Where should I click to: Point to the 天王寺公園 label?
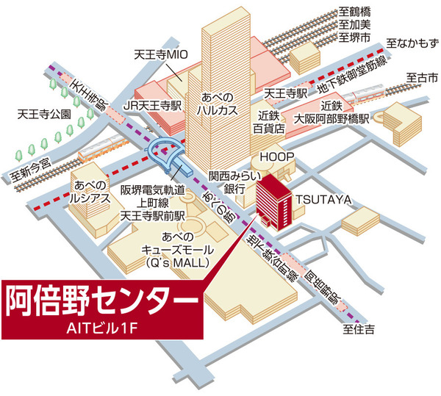click(43, 115)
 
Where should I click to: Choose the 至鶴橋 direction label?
click(355, 11)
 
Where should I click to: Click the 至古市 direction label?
click(421, 77)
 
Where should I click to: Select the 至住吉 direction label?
click(362, 331)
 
